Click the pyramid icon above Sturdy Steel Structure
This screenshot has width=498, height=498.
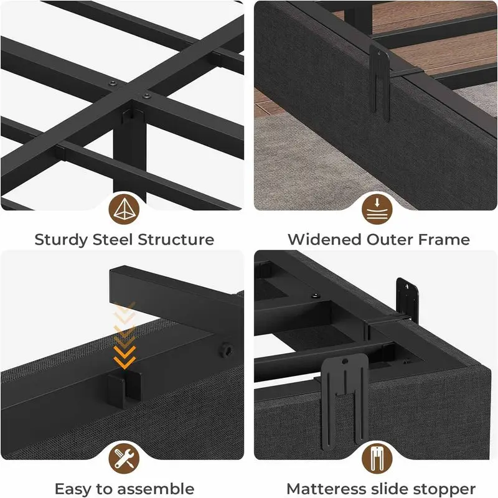(x=124, y=209)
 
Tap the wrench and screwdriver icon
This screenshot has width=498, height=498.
(x=124, y=458)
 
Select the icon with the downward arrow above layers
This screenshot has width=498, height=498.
(x=377, y=209)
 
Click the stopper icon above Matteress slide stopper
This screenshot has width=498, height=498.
(x=377, y=458)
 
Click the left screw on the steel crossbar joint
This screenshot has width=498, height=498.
(x=113, y=84)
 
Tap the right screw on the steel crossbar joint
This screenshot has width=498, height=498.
(x=146, y=95)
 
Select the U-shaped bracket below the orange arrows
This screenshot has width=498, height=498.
(x=123, y=390)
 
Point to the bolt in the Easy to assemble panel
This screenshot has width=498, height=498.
(x=227, y=350)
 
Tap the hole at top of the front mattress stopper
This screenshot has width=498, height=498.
(x=345, y=361)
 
